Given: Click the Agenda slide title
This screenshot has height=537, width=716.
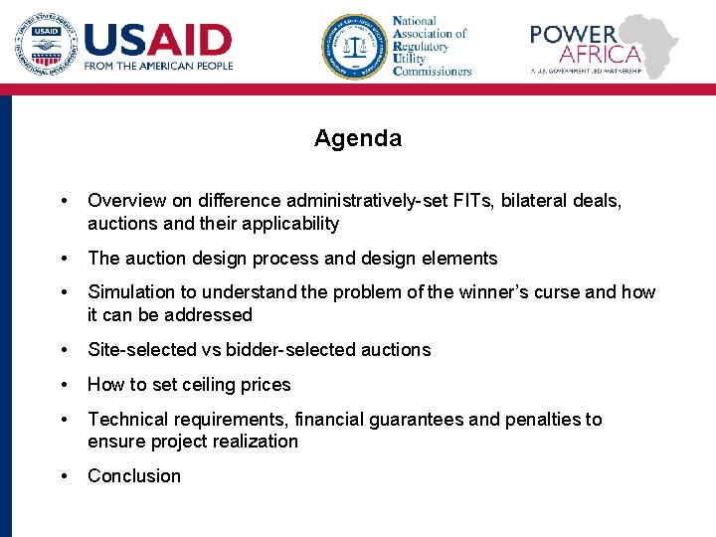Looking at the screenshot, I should click(358, 138).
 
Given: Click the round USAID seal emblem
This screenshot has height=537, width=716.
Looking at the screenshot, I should click(44, 45).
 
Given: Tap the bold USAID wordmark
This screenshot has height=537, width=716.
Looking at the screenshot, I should click(158, 40).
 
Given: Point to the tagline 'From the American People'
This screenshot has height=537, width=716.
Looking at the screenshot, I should click(158, 66).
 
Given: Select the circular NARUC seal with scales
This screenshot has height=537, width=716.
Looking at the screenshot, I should click(353, 46).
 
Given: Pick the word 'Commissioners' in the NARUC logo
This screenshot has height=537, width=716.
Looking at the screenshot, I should click(432, 71).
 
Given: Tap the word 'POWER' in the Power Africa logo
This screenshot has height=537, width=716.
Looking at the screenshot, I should click(573, 34).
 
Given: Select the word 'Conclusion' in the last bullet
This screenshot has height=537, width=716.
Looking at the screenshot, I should click(134, 476).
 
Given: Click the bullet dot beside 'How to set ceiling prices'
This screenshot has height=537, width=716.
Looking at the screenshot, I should click(65, 385).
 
